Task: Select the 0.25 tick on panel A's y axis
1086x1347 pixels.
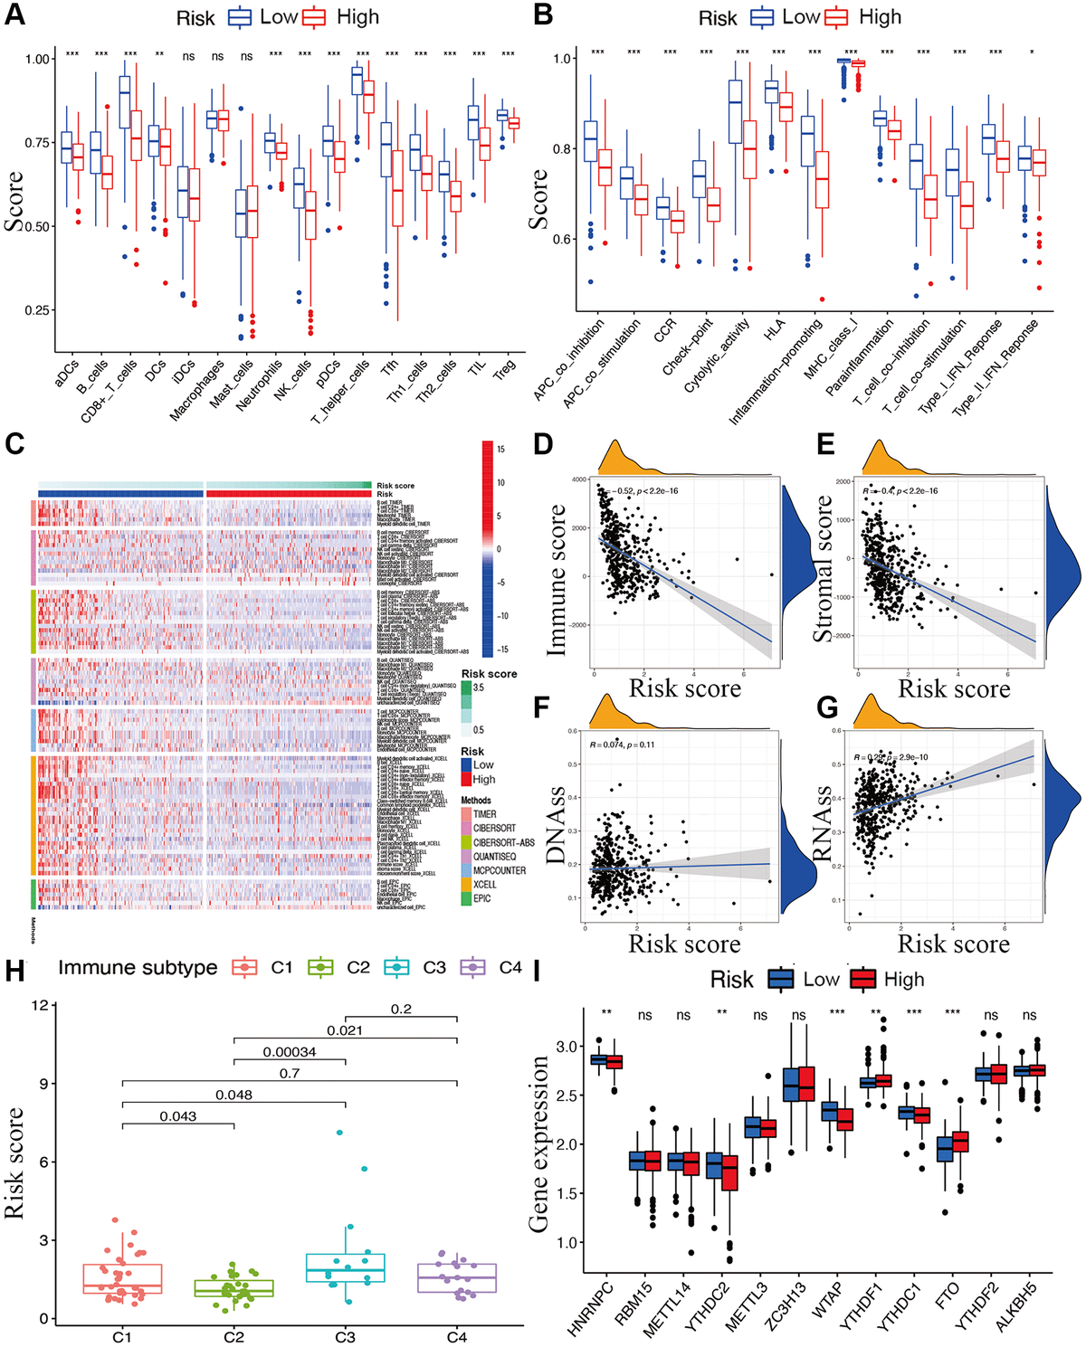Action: pyautogui.click(x=37, y=310)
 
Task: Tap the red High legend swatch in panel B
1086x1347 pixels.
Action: pyautogui.click(x=836, y=17)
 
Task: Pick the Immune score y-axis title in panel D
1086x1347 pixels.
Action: pyautogui.click(x=557, y=579)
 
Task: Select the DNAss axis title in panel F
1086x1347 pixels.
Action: pyautogui.click(x=556, y=825)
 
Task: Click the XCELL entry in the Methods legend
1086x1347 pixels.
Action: pyautogui.click(x=484, y=884)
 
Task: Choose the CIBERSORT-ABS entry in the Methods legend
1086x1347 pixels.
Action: pyautogui.click(x=503, y=842)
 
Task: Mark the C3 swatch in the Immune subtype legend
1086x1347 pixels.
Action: pyautogui.click(x=396, y=967)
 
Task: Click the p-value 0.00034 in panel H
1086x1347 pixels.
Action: pyautogui.click(x=290, y=1052)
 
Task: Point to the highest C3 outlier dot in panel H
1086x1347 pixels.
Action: pyautogui.click(x=339, y=1132)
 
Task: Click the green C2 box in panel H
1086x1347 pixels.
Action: pyautogui.click(x=233, y=1288)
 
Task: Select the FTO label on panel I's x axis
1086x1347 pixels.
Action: pyautogui.click(x=947, y=1294)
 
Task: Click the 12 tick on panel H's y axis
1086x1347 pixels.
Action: pyautogui.click(x=39, y=1005)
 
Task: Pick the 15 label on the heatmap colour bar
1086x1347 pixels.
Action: pyautogui.click(x=500, y=450)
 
